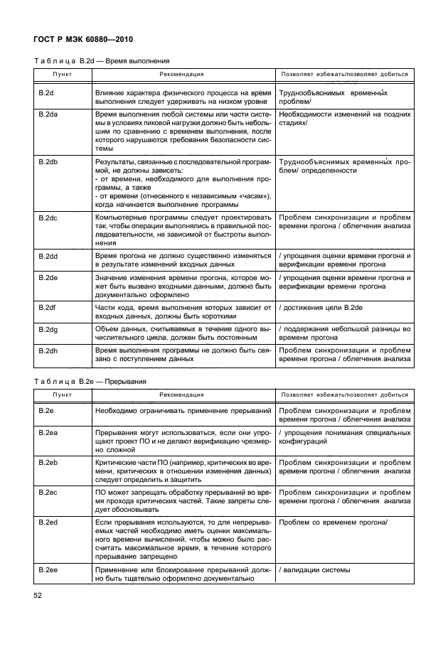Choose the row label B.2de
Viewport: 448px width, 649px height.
(x=48, y=277)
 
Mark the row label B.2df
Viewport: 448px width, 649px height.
(x=48, y=308)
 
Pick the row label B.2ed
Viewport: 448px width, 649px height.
(x=48, y=522)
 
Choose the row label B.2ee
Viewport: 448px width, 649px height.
(x=48, y=570)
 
